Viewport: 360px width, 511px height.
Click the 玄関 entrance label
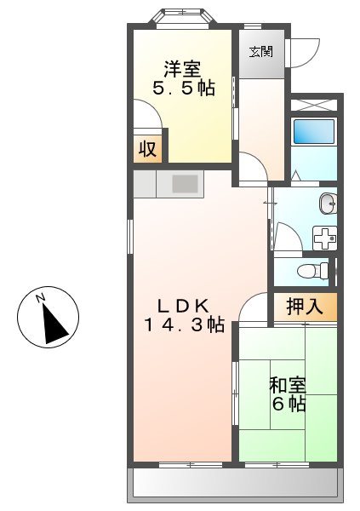coord(260,51)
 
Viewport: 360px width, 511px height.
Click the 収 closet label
coord(147,150)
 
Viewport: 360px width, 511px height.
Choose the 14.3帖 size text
coord(183,326)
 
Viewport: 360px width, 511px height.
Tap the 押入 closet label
coord(304,307)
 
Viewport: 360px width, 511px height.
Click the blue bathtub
coord(314,132)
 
